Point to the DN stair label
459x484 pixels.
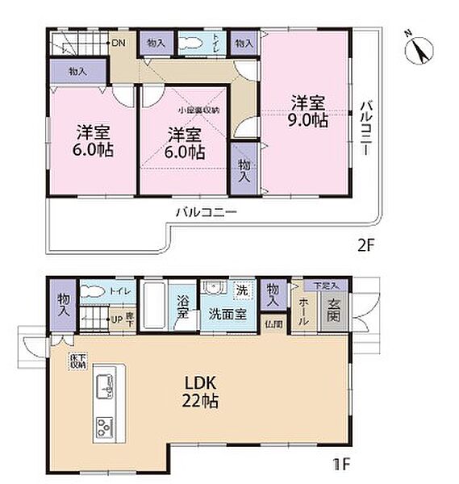[x=118, y=43]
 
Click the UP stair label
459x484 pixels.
[x=116, y=318]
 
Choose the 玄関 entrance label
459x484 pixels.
[x=334, y=306]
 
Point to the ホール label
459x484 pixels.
[x=303, y=311]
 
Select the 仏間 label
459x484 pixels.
[x=273, y=323]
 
